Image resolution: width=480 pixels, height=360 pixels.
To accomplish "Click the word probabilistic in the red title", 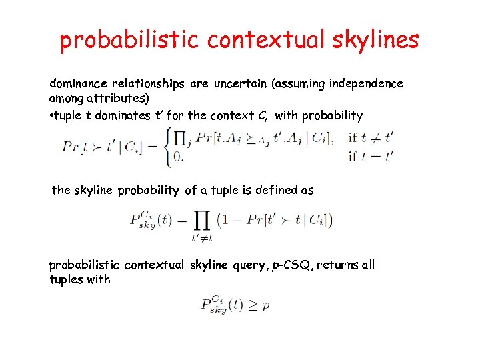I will point(130,40).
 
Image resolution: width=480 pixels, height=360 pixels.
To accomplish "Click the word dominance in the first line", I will point(79,84).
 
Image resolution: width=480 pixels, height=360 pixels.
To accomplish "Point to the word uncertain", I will point(239,84).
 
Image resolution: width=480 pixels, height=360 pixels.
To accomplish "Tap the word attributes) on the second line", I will point(123,99).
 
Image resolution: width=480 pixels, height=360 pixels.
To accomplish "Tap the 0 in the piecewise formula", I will point(176,158).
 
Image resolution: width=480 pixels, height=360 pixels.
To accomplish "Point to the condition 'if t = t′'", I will point(370,158).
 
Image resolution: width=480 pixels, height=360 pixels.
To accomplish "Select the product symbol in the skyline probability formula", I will point(199,221).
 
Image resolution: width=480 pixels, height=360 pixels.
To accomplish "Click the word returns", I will point(341,265).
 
